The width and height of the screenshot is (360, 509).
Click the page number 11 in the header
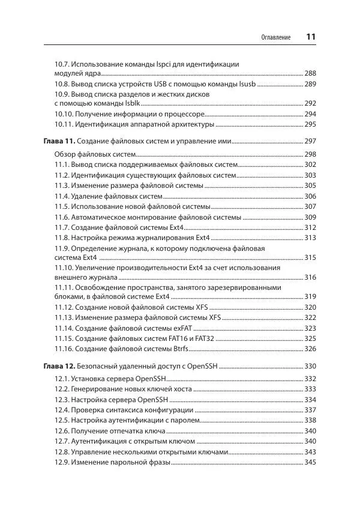(x=310, y=37)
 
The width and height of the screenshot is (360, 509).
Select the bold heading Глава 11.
(x=59, y=141)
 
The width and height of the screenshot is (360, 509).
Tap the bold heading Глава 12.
(x=59, y=366)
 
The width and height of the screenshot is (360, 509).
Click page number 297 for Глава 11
(x=310, y=141)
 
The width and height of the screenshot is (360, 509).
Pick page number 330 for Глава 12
(x=310, y=366)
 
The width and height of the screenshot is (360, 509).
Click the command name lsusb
(x=244, y=84)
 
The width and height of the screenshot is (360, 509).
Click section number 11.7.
(x=61, y=227)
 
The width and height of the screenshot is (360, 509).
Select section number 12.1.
(x=61, y=379)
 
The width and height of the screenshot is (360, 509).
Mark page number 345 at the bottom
(x=310, y=463)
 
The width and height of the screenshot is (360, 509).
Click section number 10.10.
(x=64, y=113)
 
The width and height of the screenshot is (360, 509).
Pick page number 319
(x=310, y=297)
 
